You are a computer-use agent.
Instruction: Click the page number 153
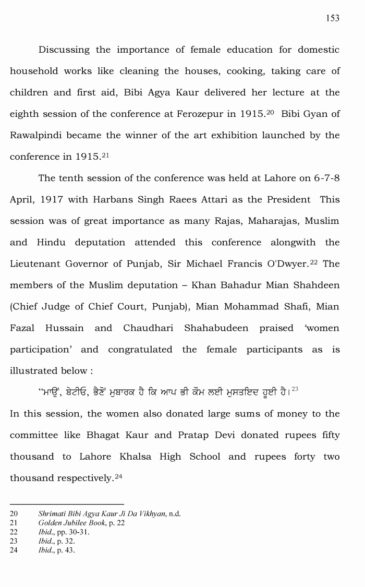tap(332, 18)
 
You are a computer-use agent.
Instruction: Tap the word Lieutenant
tap(34, 263)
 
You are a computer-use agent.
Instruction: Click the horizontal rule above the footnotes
tap(67, 505)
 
